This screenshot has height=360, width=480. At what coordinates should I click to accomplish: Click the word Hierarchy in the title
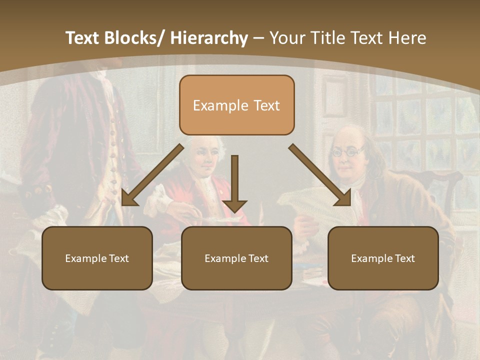(209, 38)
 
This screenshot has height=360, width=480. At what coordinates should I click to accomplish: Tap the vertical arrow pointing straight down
(234, 182)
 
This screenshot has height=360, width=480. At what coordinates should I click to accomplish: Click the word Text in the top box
(266, 105)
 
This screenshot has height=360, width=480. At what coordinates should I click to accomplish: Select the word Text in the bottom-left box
(119, 258)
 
